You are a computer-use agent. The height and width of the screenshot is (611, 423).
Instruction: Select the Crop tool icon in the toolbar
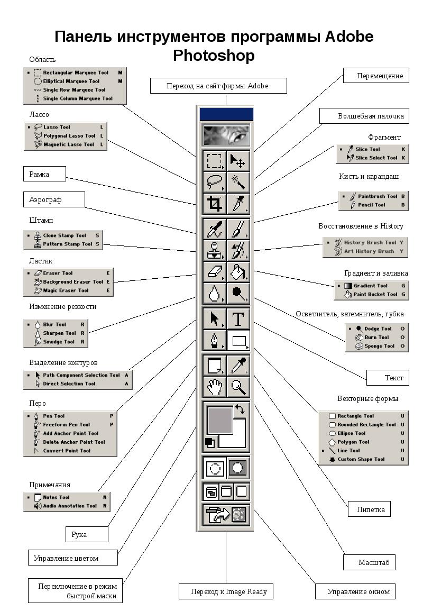pyautogui.click(x=215, y=203)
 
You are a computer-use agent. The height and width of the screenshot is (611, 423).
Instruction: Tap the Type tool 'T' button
pyautogui.click(x=238, y=319)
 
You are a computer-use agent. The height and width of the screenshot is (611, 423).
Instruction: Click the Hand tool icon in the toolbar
pyautogui.click(x=215, y=387)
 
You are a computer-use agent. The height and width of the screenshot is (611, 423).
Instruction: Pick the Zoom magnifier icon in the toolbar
pyautogui.click(x=238, y=387)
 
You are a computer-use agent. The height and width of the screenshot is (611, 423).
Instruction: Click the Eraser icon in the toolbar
pyautogui.click(x=215, y=271)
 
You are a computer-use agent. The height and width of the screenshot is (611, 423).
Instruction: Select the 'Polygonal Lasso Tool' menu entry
pyautogui.click(x=69, y=136)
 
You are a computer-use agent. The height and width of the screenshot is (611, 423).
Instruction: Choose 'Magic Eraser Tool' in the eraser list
pyautogui.click(x=66, y=290)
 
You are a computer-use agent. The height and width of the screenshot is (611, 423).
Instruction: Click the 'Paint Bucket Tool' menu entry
pyautogui.click(x=375, y=294)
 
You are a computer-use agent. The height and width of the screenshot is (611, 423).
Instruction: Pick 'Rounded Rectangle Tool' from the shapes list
pyautogui.click(x=366, y=425)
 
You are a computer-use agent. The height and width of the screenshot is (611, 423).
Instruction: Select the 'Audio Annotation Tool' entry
pyautogui.click(x=69, y=506)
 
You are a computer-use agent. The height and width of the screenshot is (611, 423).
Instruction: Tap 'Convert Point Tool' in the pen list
pyautogui.click(x=66, y=451)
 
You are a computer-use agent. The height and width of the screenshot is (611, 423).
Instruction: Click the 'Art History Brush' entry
pyautogui.click(x=369, y=251)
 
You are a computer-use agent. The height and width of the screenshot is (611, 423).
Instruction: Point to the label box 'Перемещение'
pyautogui.click(x=376, y=76)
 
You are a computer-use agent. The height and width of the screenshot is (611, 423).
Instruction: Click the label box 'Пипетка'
pyautogui.click(x=369, y=509)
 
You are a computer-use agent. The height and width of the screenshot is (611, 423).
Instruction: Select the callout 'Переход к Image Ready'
pyautogui.click(x=226, y=591)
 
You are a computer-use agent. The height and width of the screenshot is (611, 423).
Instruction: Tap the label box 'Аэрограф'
pyautogui.click(x=54, y=199)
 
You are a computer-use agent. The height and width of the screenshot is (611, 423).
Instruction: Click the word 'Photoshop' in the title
pyautogui.click(x=214, y=55)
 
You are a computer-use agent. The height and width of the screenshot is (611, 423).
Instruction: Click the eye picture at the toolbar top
pyautogui.click(x=226, y=135)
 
